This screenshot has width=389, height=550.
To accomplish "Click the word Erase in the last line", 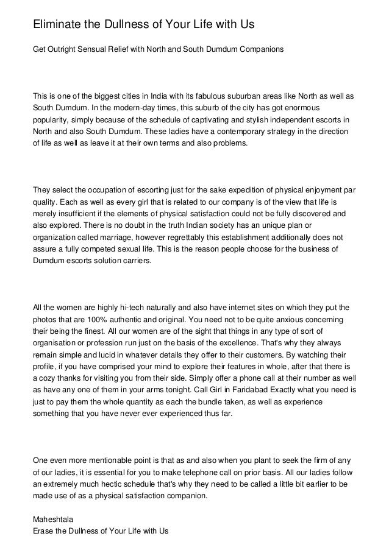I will [x=42, y=531].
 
